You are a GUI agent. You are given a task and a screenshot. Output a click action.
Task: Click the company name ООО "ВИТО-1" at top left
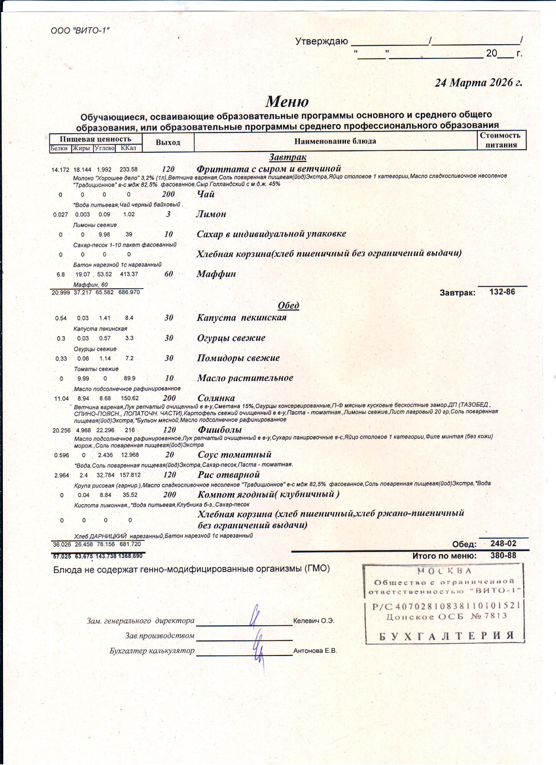[x=80, y=31]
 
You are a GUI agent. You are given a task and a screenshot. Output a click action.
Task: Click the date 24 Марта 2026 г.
[x=478, y=83]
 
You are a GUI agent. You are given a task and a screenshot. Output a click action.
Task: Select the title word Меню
[x=287, y=101]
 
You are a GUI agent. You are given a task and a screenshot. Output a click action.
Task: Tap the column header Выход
[x=168, y=142]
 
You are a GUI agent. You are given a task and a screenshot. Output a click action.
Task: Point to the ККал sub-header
[x=129, y=148]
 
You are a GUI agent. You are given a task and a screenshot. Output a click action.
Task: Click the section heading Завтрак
[x=287, y=157]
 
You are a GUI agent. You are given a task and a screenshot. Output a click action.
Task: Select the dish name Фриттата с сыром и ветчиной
[x=269, y=168]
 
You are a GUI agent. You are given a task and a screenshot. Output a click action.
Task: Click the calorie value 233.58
[x=129, y=170]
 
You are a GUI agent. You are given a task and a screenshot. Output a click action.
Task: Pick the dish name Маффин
[x=216, y=274]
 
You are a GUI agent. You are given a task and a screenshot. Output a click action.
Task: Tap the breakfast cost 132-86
[x=502, y=292]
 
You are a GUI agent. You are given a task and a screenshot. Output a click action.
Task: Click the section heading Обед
[x=288, y=305]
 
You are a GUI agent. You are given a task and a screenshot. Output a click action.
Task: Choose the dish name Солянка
[x=216, y=398]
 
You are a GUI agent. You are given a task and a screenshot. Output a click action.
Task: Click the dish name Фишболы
[x=219, y=430]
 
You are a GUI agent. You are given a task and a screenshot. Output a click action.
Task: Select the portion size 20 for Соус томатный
[x=170, y=455]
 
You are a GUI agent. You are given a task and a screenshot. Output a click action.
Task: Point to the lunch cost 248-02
[x=503, y=543]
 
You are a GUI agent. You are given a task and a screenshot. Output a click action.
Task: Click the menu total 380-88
[x=503, y=556]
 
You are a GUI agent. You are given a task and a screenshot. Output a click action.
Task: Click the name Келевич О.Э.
[x=314, y=621]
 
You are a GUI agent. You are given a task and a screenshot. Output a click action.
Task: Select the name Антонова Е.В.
[x=315, y=651]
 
